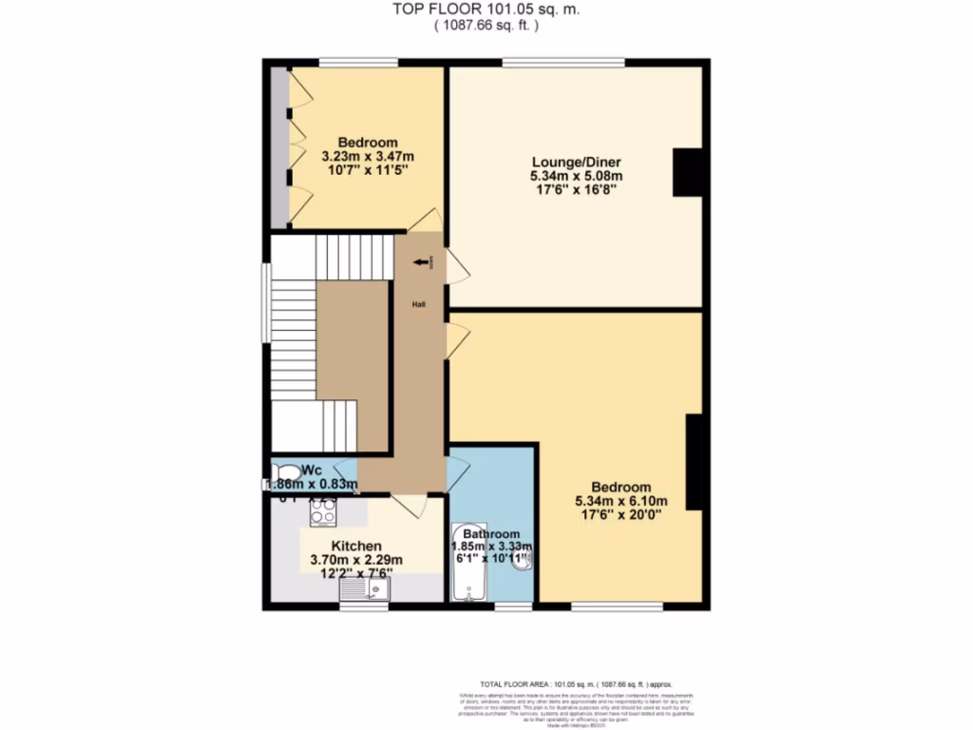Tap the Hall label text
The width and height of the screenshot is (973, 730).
[x=418, y=304]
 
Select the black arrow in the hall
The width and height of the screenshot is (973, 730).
[x=419, y=263]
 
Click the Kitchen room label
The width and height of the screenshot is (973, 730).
[x=356, y=546]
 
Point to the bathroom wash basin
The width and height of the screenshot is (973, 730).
[x=525, y=561]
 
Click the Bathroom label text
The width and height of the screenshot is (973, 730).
[x=491, y=533]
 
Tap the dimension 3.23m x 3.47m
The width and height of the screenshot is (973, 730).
[x=368, y=157]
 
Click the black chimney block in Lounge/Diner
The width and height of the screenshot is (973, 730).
[x=687, y=173]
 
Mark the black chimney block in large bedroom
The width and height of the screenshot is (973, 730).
[x=695, y=462]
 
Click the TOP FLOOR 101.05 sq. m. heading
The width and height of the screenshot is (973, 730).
[x=486, y=9]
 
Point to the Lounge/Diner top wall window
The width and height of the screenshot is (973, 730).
[x=563, y=63]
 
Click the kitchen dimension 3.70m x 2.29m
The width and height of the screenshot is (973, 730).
[x=356, y=560]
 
